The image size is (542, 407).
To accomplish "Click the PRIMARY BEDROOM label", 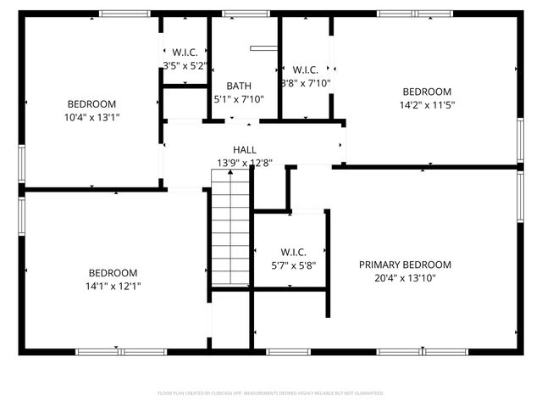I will point(404,265).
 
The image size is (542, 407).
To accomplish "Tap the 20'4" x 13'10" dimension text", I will point(404,277).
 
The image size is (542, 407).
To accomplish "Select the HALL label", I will point(245,150).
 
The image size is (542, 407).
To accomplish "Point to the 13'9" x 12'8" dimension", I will point(245,163).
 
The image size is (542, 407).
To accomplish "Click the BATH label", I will point(238,86).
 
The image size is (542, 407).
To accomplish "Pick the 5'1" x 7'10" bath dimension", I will point(238,98).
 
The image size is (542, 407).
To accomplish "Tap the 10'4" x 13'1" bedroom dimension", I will point(92,117).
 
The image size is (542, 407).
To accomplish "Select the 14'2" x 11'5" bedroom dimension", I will point(427,106).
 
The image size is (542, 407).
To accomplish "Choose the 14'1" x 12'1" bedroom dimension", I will point(113,286).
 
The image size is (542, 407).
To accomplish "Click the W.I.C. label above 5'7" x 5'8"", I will point(293,252).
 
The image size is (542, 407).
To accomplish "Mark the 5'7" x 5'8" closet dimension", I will point(293,265).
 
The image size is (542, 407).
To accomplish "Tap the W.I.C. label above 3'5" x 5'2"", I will point(184,53).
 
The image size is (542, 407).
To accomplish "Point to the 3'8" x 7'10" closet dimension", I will point(305,83).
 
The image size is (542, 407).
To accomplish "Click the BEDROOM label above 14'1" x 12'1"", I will point(113,273).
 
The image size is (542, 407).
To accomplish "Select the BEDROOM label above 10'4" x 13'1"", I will point(92,103).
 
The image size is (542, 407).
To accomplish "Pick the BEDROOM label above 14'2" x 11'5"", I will point(427,92).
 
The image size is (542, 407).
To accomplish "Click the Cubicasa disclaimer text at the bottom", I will point(271,393).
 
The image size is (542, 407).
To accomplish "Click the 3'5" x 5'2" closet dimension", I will point(184,65).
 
